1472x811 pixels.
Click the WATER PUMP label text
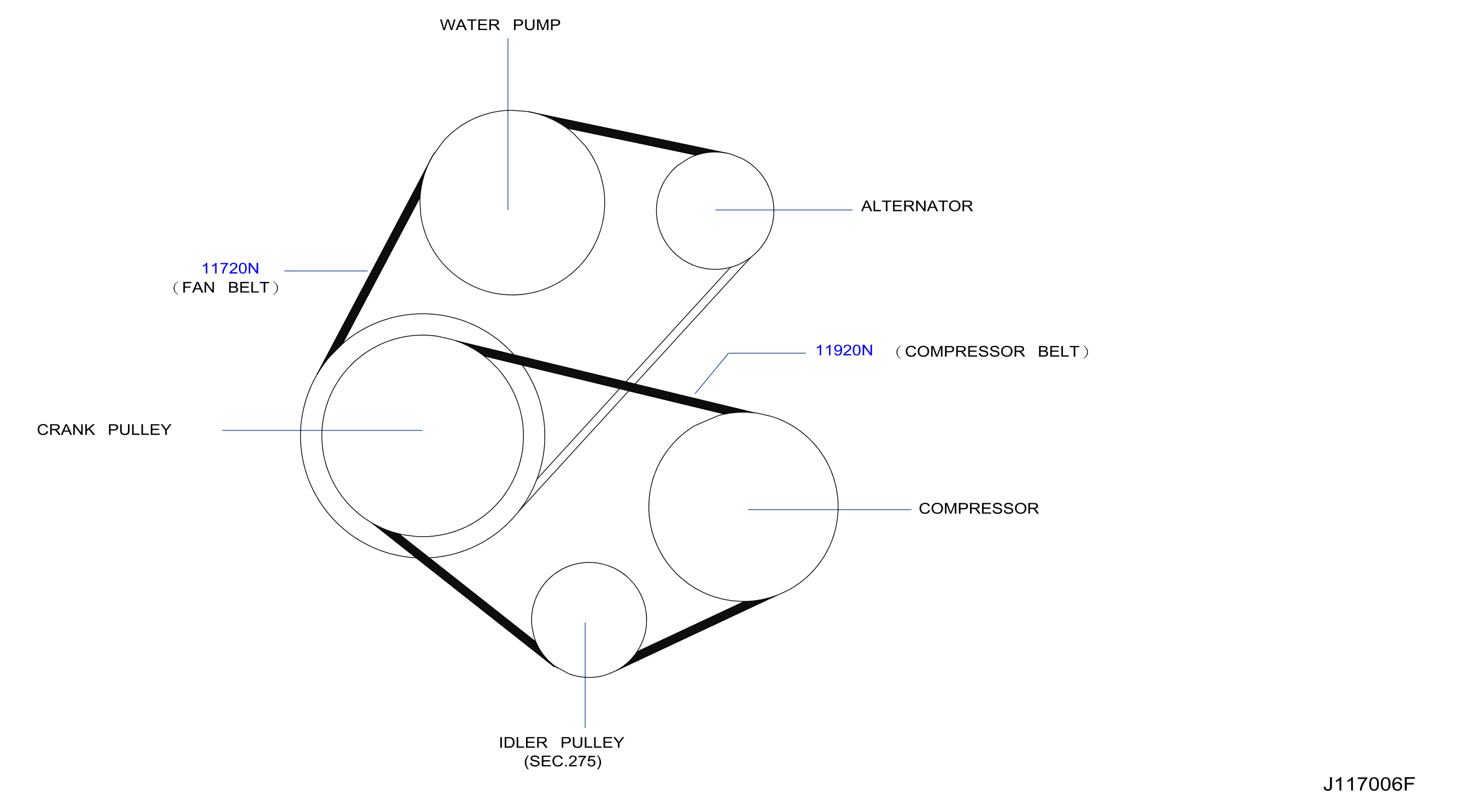point(500,25)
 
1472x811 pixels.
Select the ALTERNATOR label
point(916,206)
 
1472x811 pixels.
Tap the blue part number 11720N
point(230,268)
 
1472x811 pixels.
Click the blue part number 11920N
point(844,351)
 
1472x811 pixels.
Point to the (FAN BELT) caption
point(226,288)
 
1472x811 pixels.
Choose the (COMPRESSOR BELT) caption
point(992,352)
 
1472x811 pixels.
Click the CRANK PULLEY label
point(104,430)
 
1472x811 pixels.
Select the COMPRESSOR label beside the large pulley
point(978,509)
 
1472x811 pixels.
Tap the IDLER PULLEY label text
point(561,743)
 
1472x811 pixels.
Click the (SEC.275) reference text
point(563,762)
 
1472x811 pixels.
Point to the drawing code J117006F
point(1369,785)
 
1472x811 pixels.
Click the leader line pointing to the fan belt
point(326,271)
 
